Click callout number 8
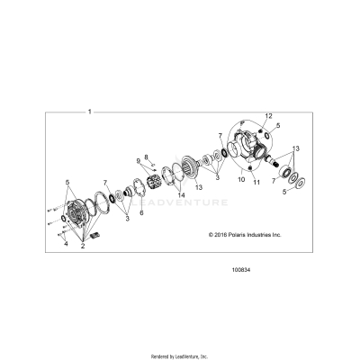(x=147, y=157)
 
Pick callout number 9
(x=139, y=162)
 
